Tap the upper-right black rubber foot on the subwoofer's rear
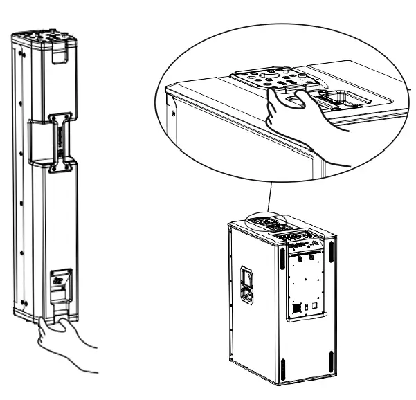(332, 253)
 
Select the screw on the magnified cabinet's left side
(172, 113)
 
